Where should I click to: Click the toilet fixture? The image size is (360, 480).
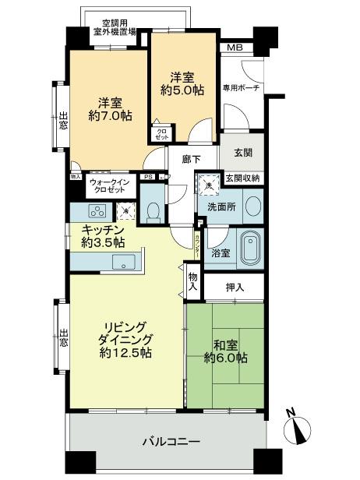point(154,210)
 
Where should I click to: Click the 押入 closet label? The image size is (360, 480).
point(235,288)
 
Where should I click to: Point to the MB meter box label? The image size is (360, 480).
point(235,48)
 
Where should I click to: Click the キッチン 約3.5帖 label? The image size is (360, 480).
point(104,235)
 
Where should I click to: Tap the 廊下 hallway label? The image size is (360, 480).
point(191,159)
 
